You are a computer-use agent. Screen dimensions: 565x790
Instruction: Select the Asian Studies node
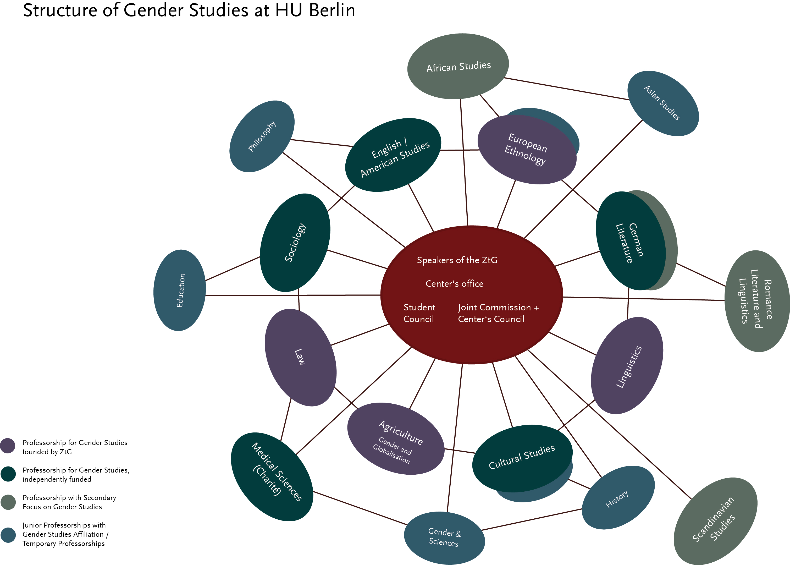click(663, 103)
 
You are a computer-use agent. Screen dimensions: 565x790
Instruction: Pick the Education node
click(179, 290)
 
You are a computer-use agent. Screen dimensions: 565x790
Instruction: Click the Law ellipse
click(300, 357)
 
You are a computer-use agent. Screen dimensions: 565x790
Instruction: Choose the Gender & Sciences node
click(444, 537)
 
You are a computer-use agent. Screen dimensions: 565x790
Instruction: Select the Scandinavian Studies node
click(715, 520)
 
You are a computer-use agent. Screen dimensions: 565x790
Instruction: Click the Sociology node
click(295, 243)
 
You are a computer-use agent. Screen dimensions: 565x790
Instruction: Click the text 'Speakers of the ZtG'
click(457, 260)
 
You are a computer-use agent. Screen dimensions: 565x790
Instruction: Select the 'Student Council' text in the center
click(419, 313)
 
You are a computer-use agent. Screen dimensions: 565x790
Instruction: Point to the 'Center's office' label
click(454, 284)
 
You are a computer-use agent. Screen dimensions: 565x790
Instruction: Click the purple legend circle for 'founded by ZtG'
click(8, 446)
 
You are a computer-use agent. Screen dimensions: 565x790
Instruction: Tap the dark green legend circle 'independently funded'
click(8, 474)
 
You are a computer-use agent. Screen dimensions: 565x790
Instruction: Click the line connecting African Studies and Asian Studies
click(567, 89)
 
